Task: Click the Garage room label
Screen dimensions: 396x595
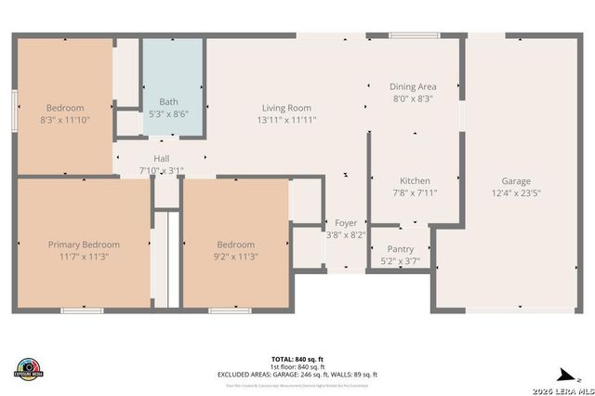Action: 516,181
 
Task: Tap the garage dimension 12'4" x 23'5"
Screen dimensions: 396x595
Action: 516,193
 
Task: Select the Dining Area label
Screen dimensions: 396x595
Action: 413,86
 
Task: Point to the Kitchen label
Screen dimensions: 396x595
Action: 414,180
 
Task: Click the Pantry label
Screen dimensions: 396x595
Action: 400,249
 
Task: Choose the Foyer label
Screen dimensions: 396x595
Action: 346,223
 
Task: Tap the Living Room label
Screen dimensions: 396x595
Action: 285,108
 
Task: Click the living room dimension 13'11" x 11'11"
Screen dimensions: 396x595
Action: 285,120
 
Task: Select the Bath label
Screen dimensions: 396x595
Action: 168,101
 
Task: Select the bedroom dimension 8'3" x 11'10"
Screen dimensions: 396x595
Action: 65,120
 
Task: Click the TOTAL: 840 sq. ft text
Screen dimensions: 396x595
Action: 297,358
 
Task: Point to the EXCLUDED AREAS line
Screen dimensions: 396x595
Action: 297,374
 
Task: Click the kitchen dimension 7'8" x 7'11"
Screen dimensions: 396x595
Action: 414,193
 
